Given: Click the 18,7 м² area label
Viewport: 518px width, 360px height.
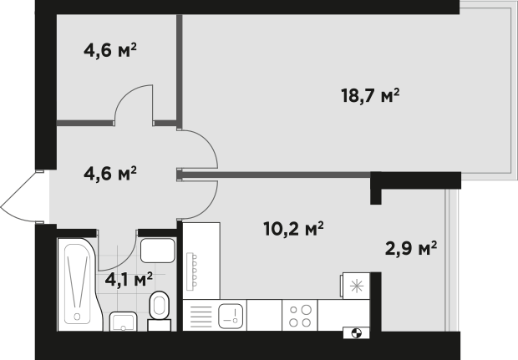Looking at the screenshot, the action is [x=370, y=96].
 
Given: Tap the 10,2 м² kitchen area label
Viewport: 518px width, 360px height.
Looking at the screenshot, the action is [x=293, y=229].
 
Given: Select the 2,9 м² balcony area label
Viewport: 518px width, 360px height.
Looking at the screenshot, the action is [x=411, y=248].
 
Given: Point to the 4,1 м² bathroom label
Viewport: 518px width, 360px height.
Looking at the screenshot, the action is [x=129, y=280].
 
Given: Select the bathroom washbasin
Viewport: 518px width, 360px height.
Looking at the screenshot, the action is [x=123, y=322].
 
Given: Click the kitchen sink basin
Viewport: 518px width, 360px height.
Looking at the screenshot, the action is [x=231, y=315].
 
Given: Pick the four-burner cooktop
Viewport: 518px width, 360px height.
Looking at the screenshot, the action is [x=300, y=316].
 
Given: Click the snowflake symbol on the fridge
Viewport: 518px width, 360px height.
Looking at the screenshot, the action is [x=357, y=286].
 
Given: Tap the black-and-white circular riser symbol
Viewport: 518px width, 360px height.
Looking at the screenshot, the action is [x=357, y=333].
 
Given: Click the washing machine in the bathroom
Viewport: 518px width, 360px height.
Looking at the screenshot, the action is [x=158, y=251].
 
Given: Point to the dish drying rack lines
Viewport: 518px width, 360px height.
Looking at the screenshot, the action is [x=201, y=317].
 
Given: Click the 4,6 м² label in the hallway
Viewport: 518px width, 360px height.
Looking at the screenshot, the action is [x=110, y=174].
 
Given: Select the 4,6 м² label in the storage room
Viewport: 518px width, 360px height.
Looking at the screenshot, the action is [x=110, y=50].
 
